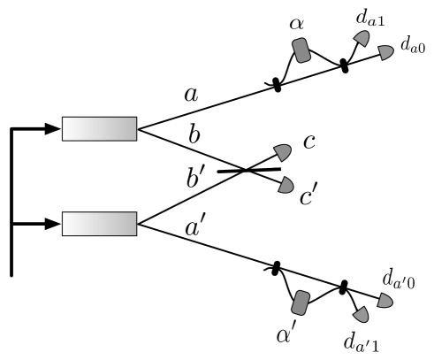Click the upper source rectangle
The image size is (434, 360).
click(x=99, y=129)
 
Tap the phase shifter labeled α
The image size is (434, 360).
click(x=303, y=50)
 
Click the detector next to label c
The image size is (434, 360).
click(x=283, y=150)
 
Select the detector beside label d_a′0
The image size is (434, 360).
click(x=385, y=301)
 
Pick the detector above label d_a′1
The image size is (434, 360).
click(x=360, y=313)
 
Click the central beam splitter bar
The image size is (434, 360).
click(x=248, y=169)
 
